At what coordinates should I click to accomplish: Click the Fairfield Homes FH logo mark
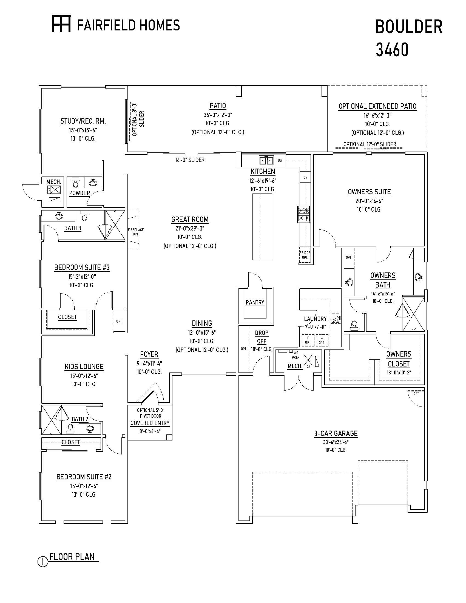[62, 24]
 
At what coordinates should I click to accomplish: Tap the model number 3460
[392, 50]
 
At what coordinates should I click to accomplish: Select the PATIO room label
[218, 106]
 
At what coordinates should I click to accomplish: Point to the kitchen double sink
[266, 160]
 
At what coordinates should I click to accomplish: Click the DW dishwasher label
[280, 160]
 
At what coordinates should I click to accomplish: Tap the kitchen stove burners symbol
[304, 214]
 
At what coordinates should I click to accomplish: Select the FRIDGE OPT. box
[305, 255]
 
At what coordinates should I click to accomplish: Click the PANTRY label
[255, 303]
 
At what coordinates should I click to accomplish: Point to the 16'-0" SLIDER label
[190, 160]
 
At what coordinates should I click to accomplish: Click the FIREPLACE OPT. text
[135, 232]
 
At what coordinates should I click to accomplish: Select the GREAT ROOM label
[190, 220]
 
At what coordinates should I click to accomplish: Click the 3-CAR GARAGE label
[336, 434]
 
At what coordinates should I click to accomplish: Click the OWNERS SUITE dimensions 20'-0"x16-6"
[369, 201]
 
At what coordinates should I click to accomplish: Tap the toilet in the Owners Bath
[354, 325]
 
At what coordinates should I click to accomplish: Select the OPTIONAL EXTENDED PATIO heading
[377, 106]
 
